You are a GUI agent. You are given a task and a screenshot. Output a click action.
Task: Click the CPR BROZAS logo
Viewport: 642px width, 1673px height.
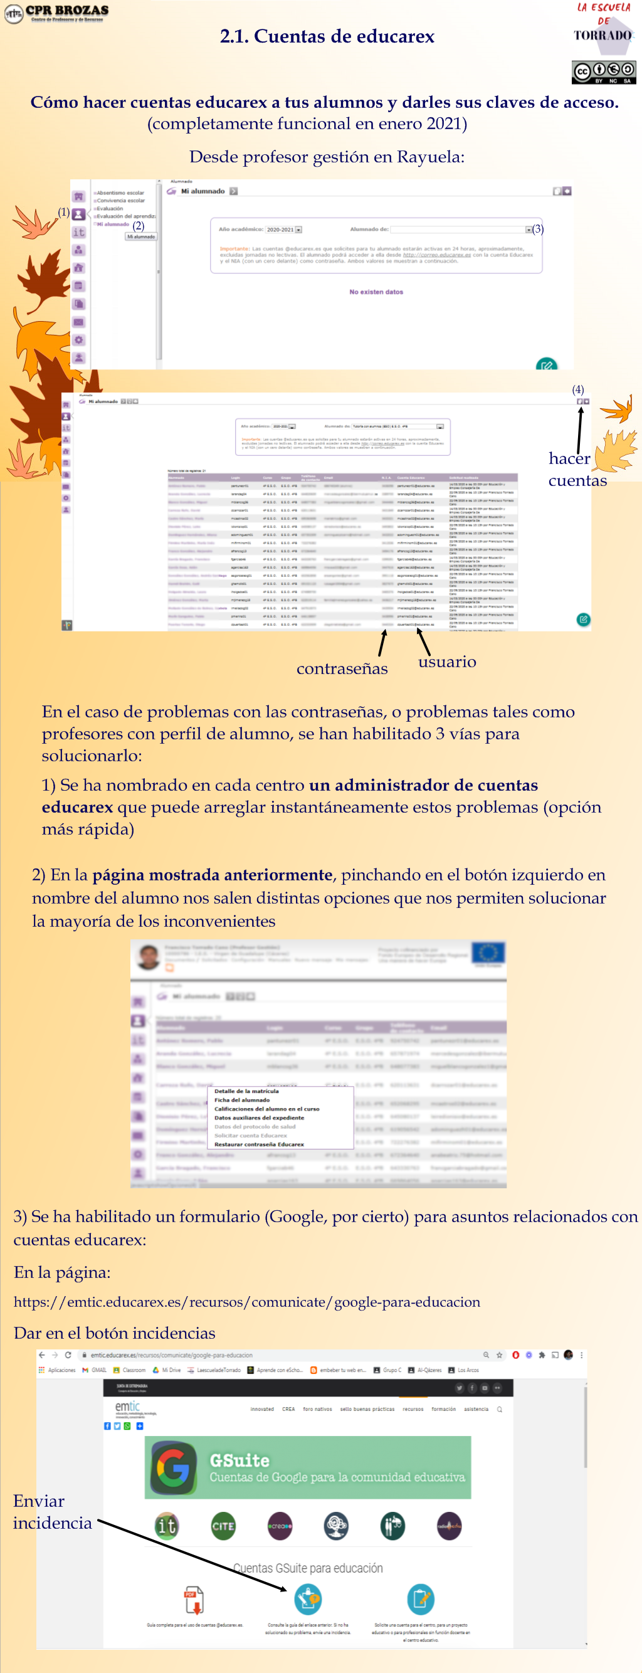coord(56,13)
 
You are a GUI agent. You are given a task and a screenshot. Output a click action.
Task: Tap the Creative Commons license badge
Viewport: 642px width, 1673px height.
coord(603,71)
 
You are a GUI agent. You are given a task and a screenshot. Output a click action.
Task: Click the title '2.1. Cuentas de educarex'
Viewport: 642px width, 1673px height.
coord(327,36)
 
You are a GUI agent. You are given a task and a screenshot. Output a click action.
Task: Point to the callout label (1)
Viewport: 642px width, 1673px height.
coord(63,212)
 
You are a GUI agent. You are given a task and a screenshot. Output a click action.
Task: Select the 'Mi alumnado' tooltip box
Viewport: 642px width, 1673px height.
coord(141,236)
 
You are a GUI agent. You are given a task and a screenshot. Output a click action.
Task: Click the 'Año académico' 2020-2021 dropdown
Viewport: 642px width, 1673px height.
coord(283,230)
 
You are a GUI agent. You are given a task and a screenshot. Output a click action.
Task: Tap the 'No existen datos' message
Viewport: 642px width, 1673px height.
coord(376,292)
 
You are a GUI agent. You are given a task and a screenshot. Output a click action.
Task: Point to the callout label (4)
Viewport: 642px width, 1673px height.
coord(577,389)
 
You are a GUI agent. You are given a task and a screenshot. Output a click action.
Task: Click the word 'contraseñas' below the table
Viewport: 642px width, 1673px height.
coord(342,668)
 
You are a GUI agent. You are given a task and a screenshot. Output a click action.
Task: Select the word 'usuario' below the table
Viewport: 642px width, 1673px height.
coord(446,662)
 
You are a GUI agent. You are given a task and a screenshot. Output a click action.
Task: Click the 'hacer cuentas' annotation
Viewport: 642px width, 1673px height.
coord(576,469)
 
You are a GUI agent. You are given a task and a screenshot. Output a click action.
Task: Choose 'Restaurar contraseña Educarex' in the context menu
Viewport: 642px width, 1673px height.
coord(259,1144)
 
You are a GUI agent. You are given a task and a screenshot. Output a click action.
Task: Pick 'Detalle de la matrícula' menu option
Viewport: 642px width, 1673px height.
coord(246,1091)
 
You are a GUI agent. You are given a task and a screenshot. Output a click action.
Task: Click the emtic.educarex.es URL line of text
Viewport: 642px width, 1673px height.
coord(246,1302)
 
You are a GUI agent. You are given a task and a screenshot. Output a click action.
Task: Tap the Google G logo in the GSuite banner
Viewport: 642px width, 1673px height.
coord(173,1467)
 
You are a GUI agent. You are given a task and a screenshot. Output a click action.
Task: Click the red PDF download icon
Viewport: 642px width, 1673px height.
coord(194,1600)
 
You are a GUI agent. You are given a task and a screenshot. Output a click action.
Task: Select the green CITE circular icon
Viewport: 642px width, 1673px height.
coord(223,1526)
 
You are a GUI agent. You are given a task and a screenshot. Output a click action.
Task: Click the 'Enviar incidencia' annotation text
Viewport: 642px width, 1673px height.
coord(52,1512)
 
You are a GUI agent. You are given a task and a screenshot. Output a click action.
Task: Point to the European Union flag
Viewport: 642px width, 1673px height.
coord(488,953)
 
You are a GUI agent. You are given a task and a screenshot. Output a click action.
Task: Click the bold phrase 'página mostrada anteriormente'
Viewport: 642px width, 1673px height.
coord(212,875)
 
